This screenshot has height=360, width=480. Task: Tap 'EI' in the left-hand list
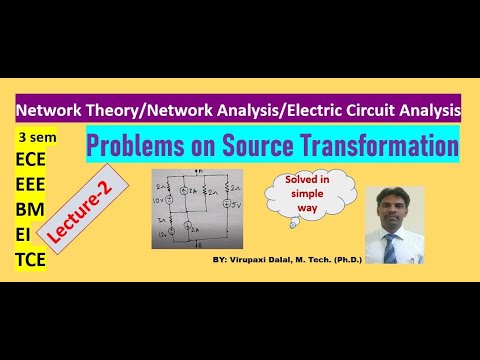click(23, 236)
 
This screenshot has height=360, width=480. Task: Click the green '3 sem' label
click(35, 135)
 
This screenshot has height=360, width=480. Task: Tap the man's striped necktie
click(404, 241)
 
